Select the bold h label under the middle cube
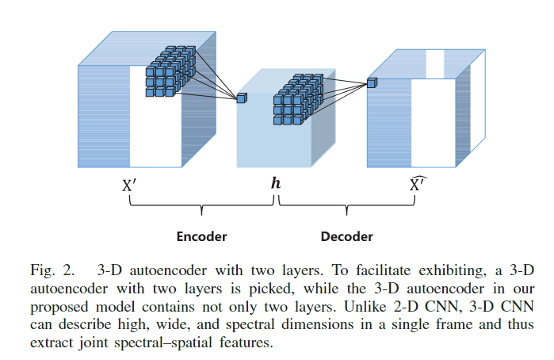(x=275, y=183)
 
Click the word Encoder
(x=201, y=236)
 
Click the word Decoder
(x=346, y=236)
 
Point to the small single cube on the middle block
(x=242, y=98)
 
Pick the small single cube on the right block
(x=372, y=82)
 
